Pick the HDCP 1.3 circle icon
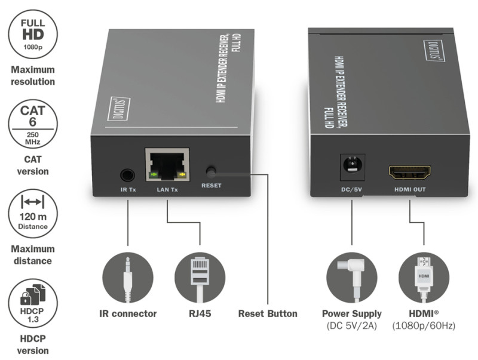(x=33, y=304)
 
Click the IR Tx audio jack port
(x=127, y=175)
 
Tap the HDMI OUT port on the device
(x=410, y=174)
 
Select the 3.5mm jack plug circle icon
(x=127, y=278)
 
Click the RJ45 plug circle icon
(x=200, y=278)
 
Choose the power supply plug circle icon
(x=352, y=278)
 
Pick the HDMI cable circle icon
(x=424, y=278)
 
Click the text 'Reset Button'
(x=267, y=313)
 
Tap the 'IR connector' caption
(x=128, y=313)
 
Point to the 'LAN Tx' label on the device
(x=167, y=189)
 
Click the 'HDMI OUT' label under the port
(x=410, y=190)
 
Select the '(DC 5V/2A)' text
(x=352, y=325)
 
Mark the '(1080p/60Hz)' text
(x=424, y=325)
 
